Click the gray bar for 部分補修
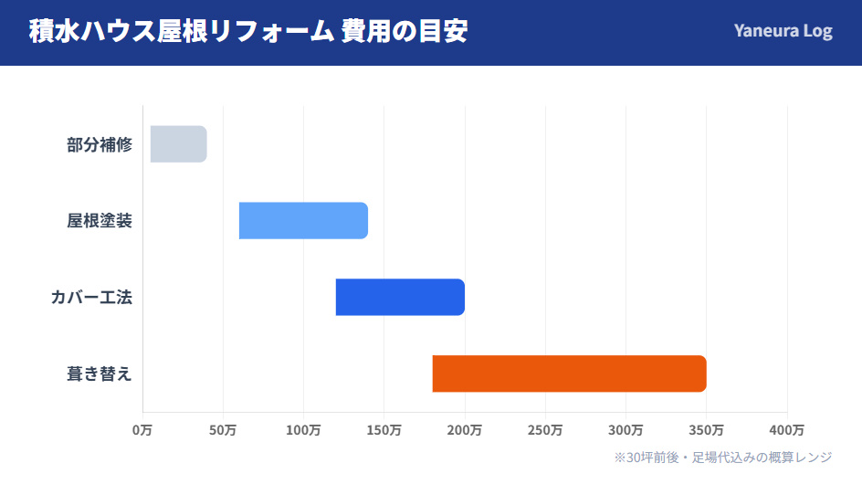(x=179, y=144)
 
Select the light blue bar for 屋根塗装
(x=303, y=221)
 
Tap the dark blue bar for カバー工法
(x=400, y=298)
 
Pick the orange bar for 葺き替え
(x=569, y=374)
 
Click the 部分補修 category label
(x=100, y=144)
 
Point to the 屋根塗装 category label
(x=100, y=221)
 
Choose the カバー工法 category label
(x=91, y=298)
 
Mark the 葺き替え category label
(x=100, y=374)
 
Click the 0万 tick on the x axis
(x=142, y=429)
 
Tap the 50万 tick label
(x=223, y=429)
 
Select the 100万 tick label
(x=303, y=429)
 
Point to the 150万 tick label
(x=384, y=429)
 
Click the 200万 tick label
(x=465, y=429)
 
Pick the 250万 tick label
(x=545, y=429)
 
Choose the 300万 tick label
(x=625, y=429)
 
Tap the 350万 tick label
(x=706, y=429)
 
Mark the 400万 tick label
(x=786, y=429)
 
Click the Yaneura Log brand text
(x=783, y=31)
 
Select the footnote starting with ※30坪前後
(x=722, y=457)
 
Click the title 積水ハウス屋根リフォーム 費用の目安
(x=248, y=31)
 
